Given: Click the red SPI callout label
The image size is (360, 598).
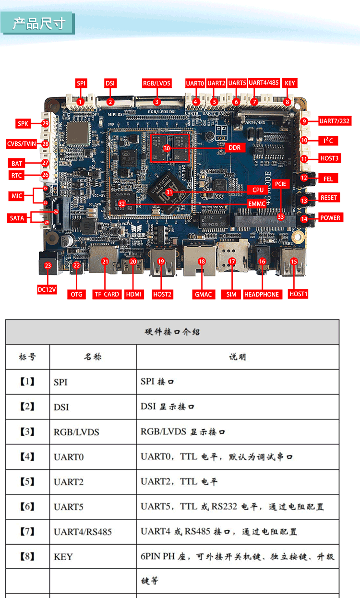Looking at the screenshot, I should pyautogui.click(x=81, y=84).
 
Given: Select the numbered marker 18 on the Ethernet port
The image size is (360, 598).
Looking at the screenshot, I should pyautogui.click(x=202, y=262).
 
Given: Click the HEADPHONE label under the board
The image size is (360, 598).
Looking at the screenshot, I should pyautogui.click(x=262, y=294).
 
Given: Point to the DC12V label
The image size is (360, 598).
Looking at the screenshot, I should pyautogui.click(x=47, y=290).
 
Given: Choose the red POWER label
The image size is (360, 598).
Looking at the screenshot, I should pyautogui.click(x=330, y=218).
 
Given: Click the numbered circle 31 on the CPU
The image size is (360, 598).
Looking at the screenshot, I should pyautogui.click(x=169, y=192).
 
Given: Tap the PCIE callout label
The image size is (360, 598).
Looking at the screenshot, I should pyautogui.click(x=280, y=184).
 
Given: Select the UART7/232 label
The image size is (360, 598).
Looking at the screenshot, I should pyautogui.click(x=335, y=121).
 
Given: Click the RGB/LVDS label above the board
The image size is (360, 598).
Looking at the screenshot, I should pyautogui.click(x=157, y=84).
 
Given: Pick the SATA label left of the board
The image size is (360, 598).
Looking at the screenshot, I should pyautogui.click(x=17, y=218).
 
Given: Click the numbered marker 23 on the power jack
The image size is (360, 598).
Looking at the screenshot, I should pyautogui.click(x=48, y=265).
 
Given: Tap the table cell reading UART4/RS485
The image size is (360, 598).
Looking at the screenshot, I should pyautogui.click(x=83, y=532).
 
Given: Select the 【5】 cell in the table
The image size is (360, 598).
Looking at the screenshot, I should pyautogui.click(x=27, y=481).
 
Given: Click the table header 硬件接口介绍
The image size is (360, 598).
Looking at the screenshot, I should pyautogui.click(x=172, y=332).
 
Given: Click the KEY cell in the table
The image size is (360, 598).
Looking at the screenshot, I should pyautogui.click(x=63, y=557).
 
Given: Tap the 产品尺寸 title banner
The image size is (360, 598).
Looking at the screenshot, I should pyautogui.click(x=38, y=24).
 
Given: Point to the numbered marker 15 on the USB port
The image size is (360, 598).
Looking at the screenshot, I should pyautogui.click(x=294, y=262).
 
